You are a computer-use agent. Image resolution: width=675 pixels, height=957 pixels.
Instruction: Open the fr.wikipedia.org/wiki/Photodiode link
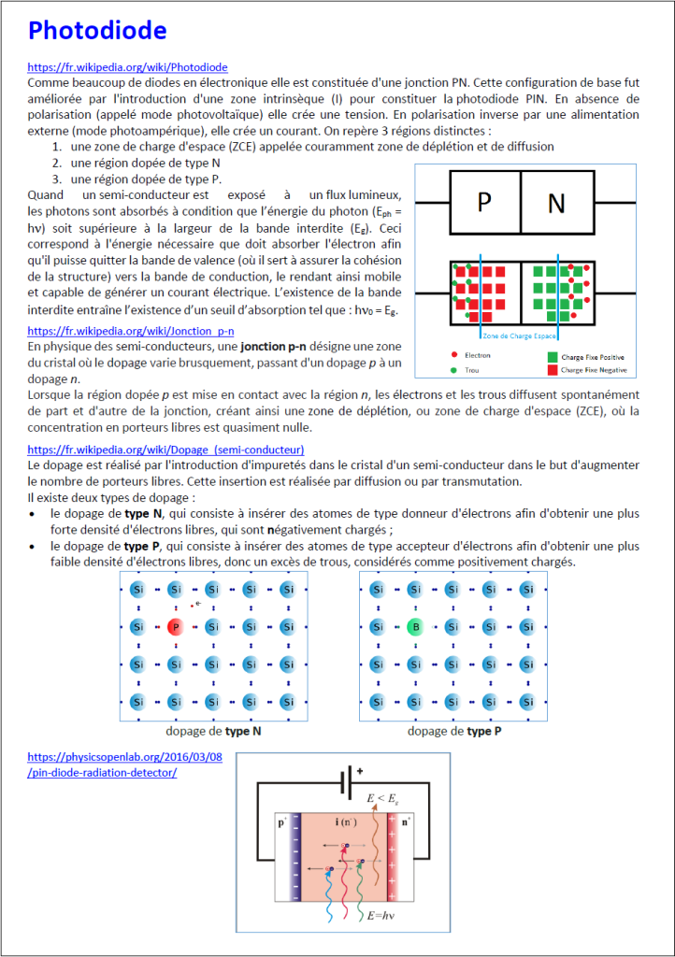127,67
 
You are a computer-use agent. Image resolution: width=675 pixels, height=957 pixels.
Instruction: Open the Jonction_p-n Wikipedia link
131,331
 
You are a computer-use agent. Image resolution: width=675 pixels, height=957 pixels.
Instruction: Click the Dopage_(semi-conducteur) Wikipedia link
165,450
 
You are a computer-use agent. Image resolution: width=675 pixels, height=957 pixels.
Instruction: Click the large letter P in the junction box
484,203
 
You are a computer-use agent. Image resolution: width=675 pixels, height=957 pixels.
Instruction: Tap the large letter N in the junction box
556,203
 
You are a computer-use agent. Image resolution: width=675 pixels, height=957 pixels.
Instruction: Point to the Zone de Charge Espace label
520,335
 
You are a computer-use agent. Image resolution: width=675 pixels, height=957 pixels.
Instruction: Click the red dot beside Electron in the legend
454,355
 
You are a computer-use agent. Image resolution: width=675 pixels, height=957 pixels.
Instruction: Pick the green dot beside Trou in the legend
454,371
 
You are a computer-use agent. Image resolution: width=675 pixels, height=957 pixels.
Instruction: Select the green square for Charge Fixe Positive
553,356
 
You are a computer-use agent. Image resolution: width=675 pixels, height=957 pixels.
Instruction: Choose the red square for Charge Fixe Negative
553,371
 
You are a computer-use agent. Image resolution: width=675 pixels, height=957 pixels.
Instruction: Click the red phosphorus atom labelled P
174,627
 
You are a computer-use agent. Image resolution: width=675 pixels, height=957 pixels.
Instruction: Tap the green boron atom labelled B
414,627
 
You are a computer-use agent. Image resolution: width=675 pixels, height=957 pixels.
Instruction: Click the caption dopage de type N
213,731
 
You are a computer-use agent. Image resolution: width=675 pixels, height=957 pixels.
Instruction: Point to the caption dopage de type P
454,731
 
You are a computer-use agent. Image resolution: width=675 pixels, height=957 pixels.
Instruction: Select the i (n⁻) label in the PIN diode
344,821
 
